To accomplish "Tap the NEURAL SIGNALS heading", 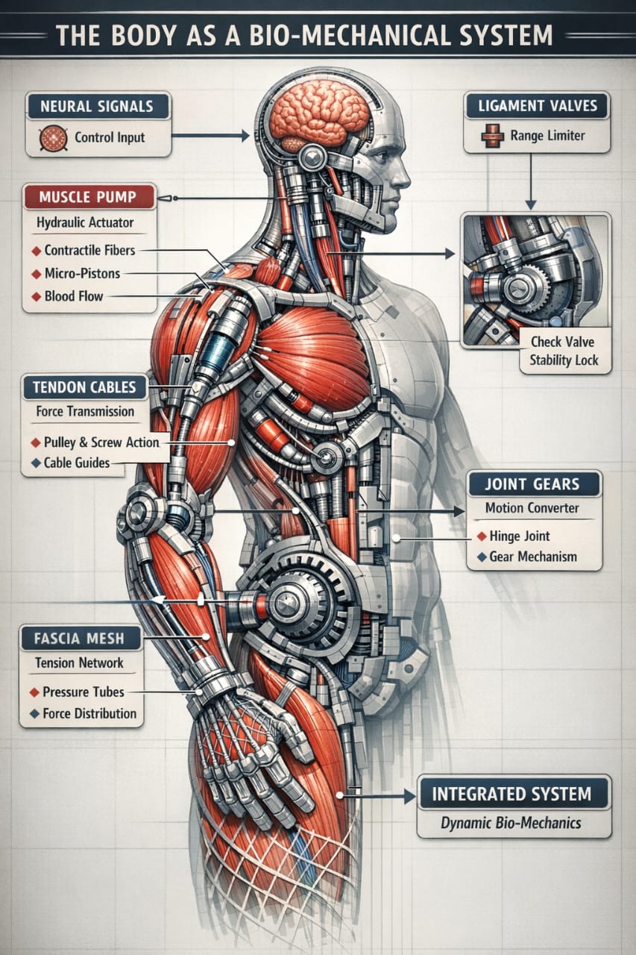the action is [97, 106].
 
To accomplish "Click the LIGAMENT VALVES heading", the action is [536, 106].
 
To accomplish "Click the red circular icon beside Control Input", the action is [52, 138].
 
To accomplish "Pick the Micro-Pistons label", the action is [82, 273].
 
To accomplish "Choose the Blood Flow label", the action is [74, 296].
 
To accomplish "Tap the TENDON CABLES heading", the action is [85, 387].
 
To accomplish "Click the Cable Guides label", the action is [77, 463].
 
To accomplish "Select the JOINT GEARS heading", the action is [534, 483].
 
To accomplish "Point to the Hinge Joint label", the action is [520, 536].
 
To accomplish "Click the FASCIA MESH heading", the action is [79, 639].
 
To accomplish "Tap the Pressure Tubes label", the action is [84, 692].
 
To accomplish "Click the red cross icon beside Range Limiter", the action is [491, 137].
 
